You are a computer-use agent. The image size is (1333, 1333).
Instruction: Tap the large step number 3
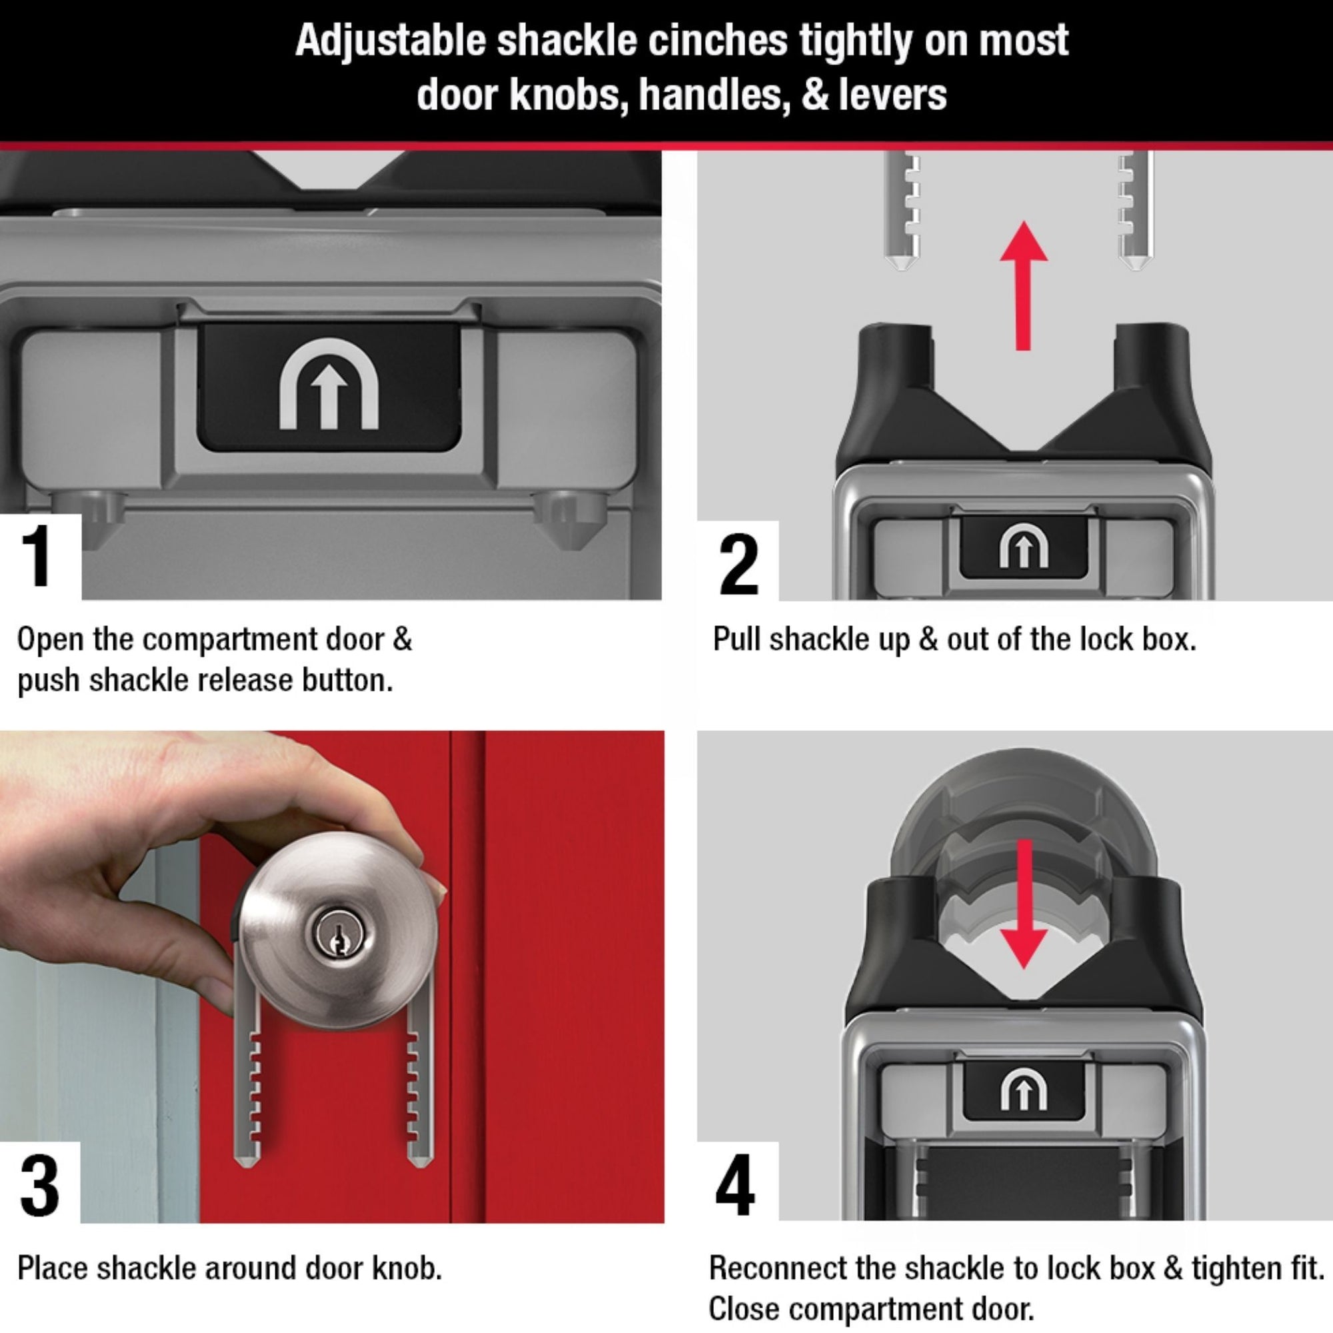coord(39,1186)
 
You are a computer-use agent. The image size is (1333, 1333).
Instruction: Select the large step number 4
coord(736,1188)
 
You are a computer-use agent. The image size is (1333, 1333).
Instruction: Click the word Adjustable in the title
coord(391,41)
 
